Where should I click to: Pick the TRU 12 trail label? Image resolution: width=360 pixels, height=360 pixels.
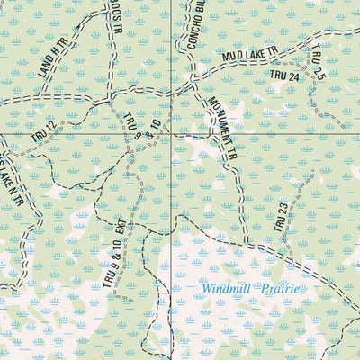(x=43, y=130)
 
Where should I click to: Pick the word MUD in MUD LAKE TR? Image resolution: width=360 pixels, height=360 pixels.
(x=231, y=61)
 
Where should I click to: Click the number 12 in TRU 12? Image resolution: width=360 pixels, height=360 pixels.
(x=50, y=125)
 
